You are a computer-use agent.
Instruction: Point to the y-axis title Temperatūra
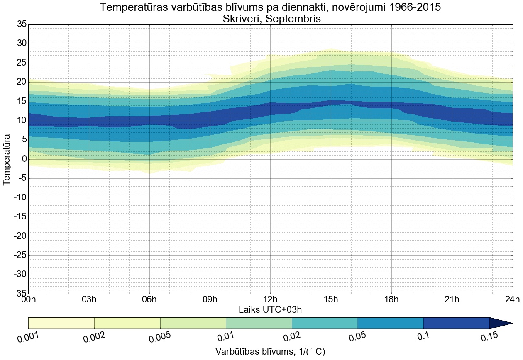[7, 159]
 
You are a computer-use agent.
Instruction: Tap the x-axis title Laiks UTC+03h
[270, 309]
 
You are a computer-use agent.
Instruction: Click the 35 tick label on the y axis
[21, 24]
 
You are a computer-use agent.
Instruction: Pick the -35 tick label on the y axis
[20, 294]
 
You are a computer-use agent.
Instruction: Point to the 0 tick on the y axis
[24, 159]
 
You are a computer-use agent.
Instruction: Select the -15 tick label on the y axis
[20, 217]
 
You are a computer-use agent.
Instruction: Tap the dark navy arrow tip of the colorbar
[502, 323]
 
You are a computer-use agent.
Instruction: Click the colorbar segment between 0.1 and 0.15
[457, 323]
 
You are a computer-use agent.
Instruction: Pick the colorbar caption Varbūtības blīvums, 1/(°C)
[270, 352]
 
